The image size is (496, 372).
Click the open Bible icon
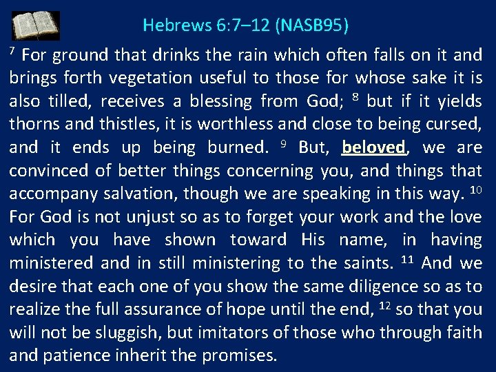point(36,26)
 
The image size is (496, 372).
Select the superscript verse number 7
point(12,51)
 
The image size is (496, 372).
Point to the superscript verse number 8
point(356,96)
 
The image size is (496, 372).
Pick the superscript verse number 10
point(475,189)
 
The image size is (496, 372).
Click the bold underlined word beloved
point(373,147)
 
